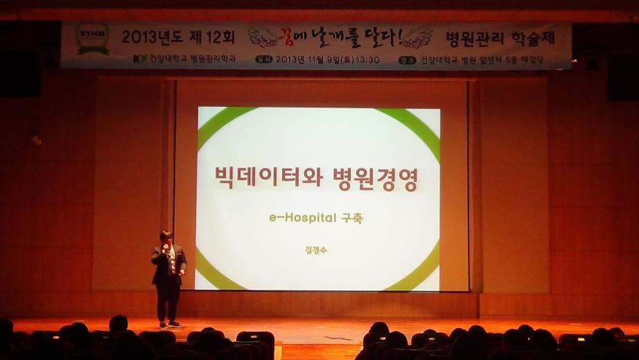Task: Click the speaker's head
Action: [166, 237]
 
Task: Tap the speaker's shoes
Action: [168, 324]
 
